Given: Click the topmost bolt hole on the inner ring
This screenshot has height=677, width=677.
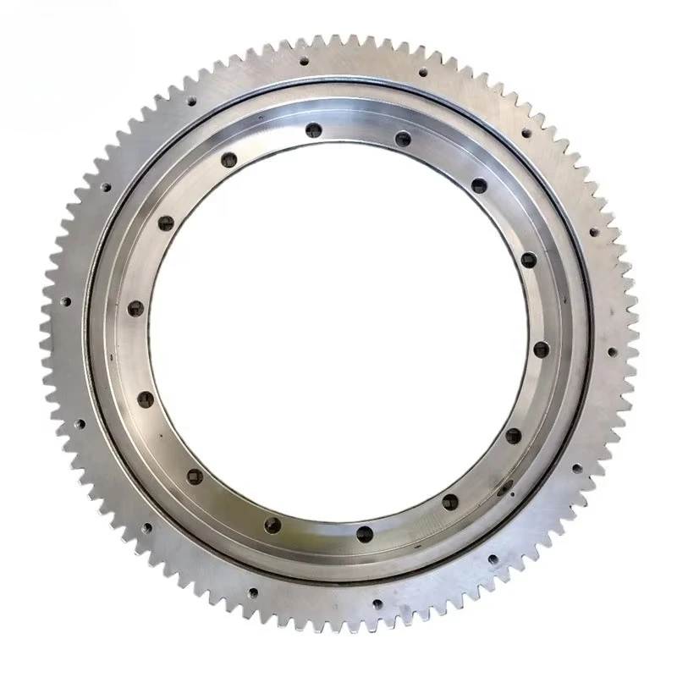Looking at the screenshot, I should (314, 129).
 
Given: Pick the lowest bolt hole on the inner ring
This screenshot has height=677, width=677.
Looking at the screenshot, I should (365, 533).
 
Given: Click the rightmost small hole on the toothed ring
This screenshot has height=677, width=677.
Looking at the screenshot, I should (612, 350).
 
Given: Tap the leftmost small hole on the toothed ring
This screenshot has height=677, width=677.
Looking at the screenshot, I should (64, 300).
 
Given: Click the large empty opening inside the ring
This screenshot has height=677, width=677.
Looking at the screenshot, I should (338, 330).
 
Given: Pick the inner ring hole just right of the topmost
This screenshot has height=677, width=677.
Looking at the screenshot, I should (403, 139).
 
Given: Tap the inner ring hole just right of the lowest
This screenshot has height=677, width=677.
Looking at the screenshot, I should (449, 501).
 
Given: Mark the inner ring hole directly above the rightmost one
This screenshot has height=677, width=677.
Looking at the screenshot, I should (528, 258).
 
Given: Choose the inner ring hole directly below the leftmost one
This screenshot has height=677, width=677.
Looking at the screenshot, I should (146, 399).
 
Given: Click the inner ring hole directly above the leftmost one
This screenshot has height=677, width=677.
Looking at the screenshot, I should (166, 223).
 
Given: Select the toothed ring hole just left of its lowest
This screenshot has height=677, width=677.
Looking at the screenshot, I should (252, 592).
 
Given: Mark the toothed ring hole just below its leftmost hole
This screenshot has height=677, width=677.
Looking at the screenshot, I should (80, 423).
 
